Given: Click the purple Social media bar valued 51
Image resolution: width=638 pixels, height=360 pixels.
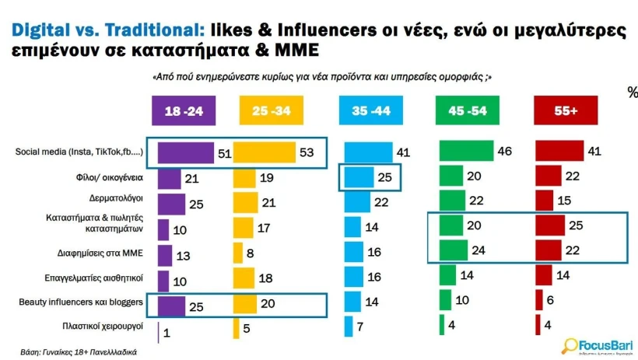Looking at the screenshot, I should (185, 152).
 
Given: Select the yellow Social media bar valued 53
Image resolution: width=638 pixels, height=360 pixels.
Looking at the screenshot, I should (265, 152).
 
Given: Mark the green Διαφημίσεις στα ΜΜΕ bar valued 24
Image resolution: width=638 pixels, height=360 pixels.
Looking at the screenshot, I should (453, 251).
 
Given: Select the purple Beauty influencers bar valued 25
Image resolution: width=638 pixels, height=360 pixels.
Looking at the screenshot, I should (171, 305).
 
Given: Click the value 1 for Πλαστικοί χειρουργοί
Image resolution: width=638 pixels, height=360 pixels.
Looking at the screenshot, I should (167, 331).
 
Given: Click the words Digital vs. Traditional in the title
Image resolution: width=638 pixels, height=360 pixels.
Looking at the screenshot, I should (104, 30).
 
